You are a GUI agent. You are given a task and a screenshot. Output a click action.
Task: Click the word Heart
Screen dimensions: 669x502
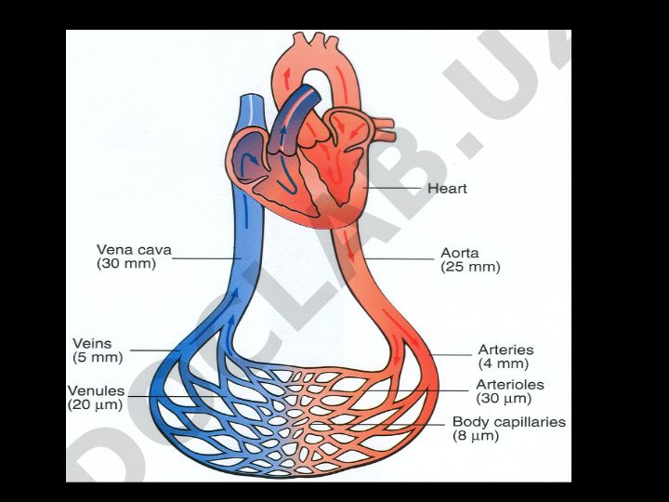[x=447, y=188]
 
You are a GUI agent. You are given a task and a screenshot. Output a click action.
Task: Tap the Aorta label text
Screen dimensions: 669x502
[x=460, y=253]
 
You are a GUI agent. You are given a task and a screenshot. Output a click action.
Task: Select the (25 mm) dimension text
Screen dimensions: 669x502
[x=470, y=267]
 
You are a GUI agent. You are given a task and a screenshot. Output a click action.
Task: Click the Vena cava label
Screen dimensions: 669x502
[x=134, y=250]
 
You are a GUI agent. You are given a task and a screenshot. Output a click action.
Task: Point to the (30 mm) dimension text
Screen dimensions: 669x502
[x=126, y=263]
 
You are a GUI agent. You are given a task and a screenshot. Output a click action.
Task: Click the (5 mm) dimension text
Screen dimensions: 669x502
[x=98, y=357]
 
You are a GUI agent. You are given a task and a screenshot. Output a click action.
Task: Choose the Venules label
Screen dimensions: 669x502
[x=96, y=390]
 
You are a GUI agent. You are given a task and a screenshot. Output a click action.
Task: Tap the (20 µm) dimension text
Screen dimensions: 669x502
[x=95, y=404]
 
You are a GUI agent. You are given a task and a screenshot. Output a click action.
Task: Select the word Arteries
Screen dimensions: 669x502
[x=505, y=350]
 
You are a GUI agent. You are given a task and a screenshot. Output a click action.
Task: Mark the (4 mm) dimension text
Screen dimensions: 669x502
[x=503, y=363]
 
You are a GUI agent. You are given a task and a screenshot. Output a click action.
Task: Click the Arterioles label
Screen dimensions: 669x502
[x=510, y=384]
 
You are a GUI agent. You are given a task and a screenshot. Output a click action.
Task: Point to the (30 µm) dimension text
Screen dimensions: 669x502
[x=504, y=398]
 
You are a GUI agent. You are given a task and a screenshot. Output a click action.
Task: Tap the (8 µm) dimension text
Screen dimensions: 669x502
[x=476, y=436]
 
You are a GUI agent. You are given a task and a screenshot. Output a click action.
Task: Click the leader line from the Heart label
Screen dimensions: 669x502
[x=391, y=188]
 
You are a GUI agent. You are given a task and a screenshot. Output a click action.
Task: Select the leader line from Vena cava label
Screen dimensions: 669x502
[x=206, y=258]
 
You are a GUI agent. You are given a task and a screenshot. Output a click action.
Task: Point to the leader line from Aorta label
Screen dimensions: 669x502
[x=399, y=258]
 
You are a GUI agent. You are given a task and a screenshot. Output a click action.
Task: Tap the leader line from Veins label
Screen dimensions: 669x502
[x=155, y=350]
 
